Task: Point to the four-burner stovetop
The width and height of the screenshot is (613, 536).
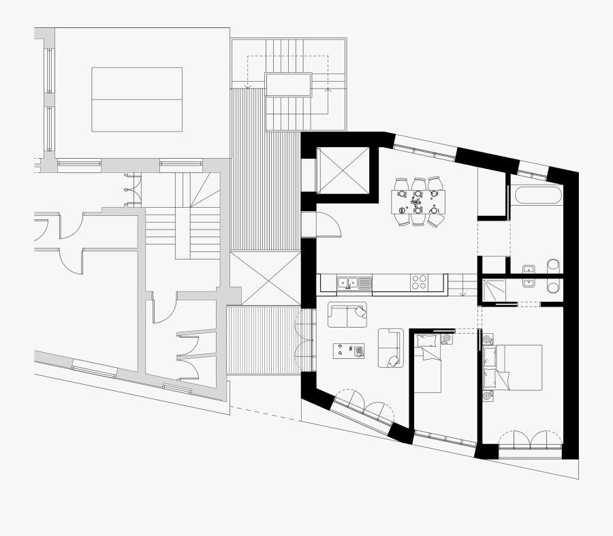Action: pos(419,282)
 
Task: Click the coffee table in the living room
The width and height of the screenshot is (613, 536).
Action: pos(348,351)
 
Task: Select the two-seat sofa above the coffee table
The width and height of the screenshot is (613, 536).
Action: pos(347,314)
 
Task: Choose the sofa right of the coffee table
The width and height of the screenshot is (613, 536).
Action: pos(390,347)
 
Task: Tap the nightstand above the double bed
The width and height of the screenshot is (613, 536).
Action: pos(488,338)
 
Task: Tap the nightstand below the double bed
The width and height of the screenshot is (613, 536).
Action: pos(488,395)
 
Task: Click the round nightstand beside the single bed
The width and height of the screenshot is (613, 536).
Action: pos(447,338)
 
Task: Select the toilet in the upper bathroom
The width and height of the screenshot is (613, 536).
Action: pos(553,266)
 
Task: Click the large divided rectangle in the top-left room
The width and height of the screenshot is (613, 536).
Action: pos(137,99)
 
